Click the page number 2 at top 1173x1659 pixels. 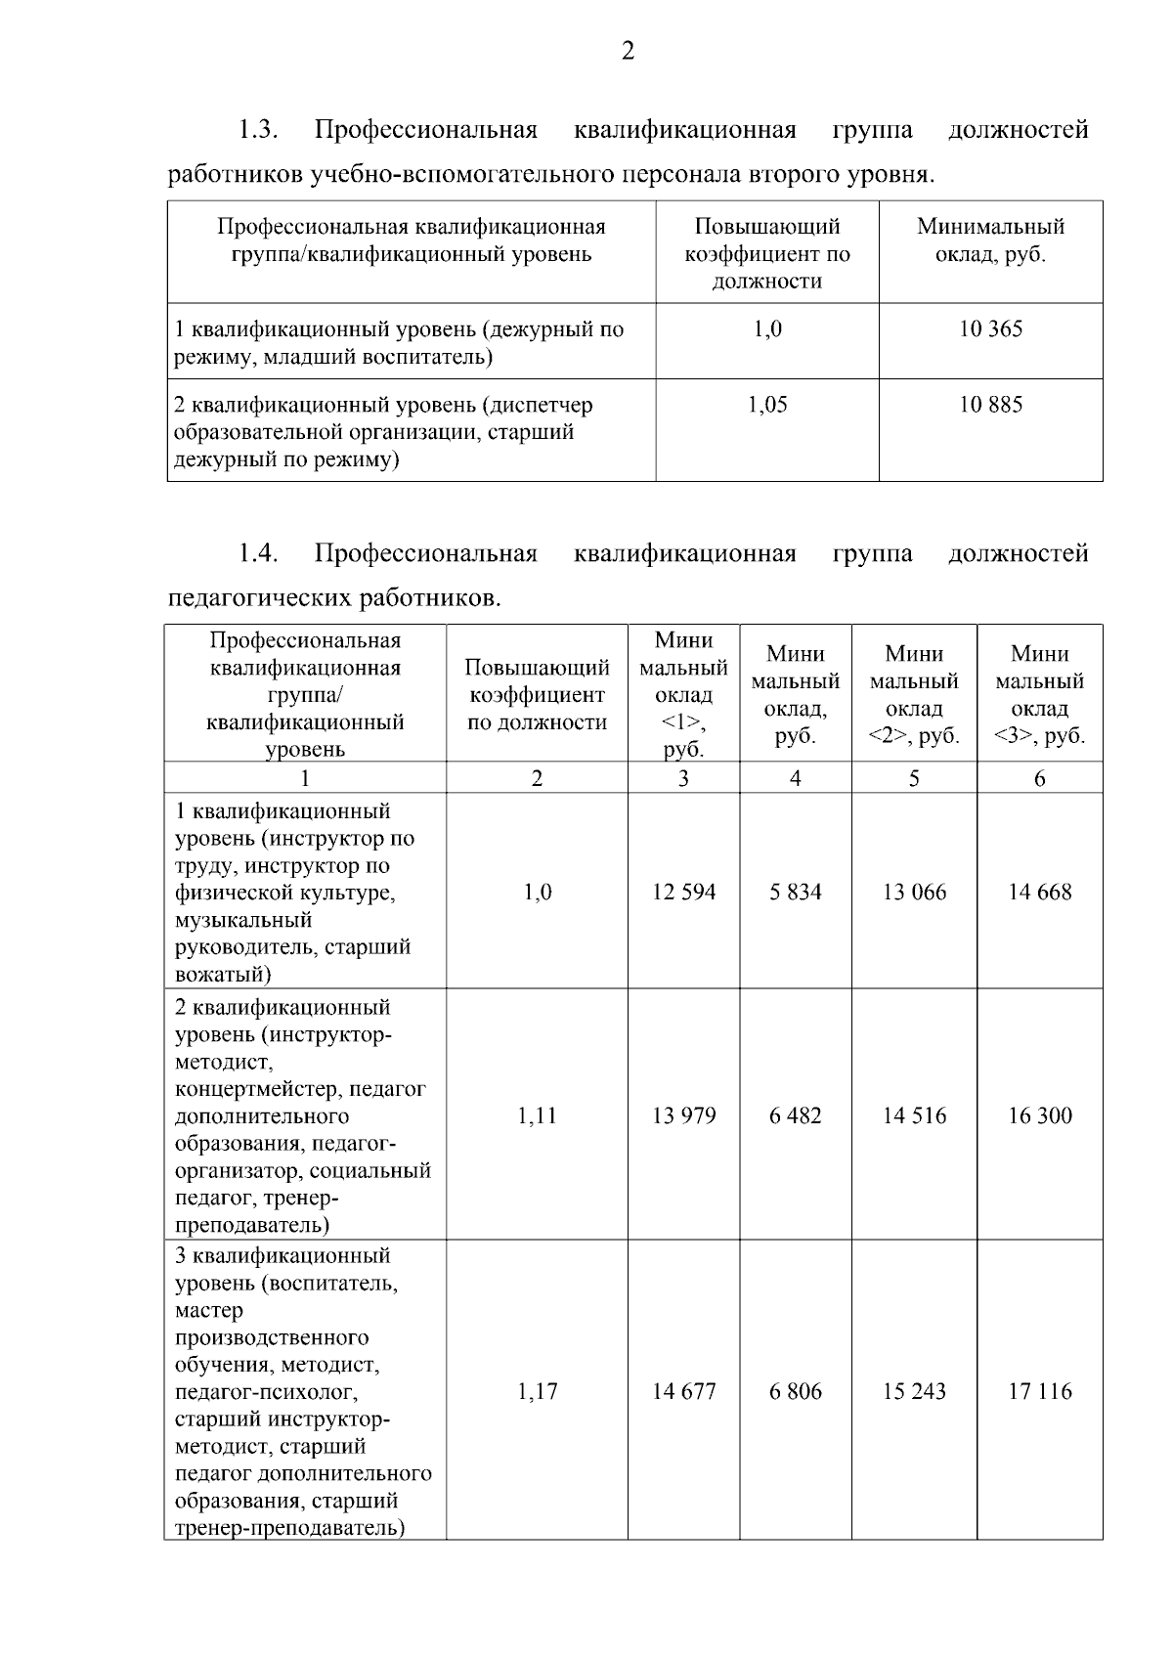[628, 51]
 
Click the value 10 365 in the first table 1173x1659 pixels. [990, 329]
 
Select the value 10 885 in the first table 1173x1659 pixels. [990, 405]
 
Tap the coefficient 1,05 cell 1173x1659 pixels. [767, 405]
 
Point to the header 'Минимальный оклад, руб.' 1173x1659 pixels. [990, 240]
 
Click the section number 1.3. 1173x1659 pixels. [259, 130]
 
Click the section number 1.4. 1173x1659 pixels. [259, 554]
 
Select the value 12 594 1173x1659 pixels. [683, 892]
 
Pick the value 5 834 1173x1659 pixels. [796, 892]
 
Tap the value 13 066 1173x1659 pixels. [914, 892]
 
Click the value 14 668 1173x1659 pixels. [1039, 892]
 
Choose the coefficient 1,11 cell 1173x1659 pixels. [537, 1115]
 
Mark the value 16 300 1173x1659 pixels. [1039, 1115]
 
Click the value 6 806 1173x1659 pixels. [796, 1391]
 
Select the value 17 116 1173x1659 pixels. [1039, 1391]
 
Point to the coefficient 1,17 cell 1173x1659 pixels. [537, 1391]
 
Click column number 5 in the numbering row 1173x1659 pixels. [914, 778]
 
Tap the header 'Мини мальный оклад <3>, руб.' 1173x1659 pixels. [1039, 694]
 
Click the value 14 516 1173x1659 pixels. [914, 1115]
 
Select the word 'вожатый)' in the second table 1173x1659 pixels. [223, 975]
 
